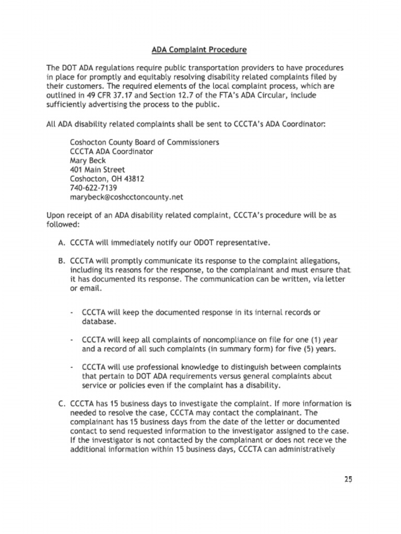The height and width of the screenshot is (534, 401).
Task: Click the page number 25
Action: tap(348, 480)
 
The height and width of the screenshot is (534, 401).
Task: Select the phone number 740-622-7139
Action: tap(93, 188)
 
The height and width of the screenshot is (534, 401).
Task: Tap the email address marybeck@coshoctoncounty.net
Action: tap(126, 197)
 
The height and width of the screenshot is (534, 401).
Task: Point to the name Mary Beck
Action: tap(88, 161)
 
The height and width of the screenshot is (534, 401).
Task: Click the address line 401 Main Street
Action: tap(97, 169)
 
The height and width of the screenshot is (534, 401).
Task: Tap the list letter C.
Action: tap(61, 403)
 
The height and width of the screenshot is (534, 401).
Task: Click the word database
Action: tap(99, 321)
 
